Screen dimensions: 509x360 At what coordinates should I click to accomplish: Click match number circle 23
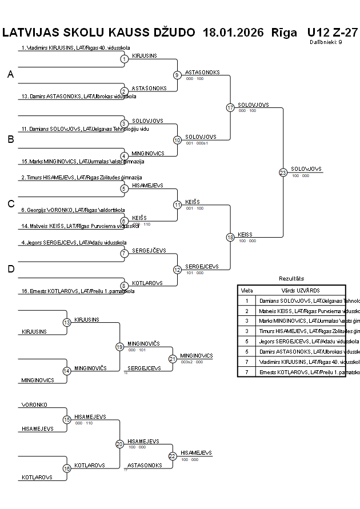coord(282,173)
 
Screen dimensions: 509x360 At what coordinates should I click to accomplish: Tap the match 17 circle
coord(230,107)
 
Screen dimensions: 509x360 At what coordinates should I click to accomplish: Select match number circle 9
coord(177,75)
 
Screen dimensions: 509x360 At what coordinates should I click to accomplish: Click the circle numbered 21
coord(173,359)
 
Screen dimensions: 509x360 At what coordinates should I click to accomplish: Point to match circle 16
coord(66,468)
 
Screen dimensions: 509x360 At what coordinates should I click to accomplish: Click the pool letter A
coord(10,74)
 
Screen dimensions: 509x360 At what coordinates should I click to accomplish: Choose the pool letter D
coord(10,269)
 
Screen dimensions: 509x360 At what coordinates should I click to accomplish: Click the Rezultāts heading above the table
coord(291,278)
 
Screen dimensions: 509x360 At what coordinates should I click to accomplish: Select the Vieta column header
coord(247,291)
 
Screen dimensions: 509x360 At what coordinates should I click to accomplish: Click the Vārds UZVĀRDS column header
coord(300,291)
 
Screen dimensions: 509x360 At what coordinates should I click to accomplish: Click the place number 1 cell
coord(247,300)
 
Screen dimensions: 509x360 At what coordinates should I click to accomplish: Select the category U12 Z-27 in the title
coord(332,33)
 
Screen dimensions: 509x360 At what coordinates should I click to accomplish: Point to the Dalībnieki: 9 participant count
coord(326,42)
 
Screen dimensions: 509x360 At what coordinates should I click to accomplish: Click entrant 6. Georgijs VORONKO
coord(73,210)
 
